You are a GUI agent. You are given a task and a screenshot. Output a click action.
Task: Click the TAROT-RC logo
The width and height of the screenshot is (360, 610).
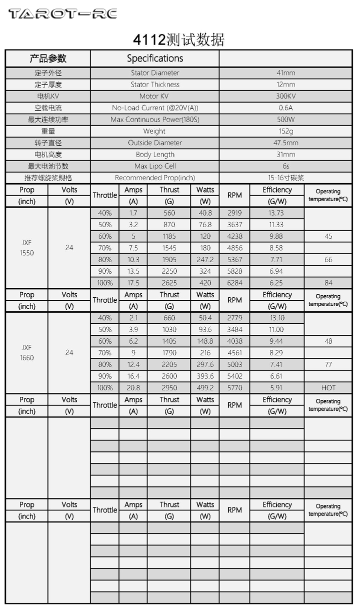(63, 14)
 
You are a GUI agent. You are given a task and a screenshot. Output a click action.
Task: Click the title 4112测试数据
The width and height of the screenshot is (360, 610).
(179, 40)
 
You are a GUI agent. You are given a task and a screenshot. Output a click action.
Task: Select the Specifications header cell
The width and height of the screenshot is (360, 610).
(155, 59)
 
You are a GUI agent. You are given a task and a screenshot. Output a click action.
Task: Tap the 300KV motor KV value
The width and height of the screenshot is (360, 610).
(286, 96)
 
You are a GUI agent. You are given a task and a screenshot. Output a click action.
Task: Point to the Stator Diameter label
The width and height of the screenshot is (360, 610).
(155, 73)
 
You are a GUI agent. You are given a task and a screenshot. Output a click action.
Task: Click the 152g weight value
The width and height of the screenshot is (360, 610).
(286, 131)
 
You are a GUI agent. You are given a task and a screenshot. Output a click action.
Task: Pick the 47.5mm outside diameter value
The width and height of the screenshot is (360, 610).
(286, 143)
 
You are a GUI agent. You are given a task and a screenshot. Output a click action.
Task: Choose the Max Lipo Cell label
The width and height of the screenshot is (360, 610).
(155, 166)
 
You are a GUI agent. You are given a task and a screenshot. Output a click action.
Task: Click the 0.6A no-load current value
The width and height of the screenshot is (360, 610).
(286, 108)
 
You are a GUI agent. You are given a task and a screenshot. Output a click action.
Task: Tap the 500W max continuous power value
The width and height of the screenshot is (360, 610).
(286, 120)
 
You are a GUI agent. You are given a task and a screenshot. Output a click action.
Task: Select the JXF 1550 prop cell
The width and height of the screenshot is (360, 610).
(27, 248)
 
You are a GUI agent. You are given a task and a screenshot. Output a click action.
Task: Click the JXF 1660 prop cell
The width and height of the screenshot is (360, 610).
(27, 353)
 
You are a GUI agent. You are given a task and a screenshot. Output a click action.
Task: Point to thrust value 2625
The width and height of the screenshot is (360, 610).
(169, 283)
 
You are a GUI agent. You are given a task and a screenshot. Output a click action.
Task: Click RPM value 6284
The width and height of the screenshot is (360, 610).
(234, 283)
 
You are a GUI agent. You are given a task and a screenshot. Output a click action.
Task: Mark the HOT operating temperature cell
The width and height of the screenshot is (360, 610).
(328, 388)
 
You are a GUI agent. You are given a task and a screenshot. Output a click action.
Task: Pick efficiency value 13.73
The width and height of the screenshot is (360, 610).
(276, 213)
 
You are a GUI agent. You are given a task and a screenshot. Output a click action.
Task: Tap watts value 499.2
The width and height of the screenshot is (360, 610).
(205, 388)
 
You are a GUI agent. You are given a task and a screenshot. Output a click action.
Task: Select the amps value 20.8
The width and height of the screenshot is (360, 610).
(133, 388)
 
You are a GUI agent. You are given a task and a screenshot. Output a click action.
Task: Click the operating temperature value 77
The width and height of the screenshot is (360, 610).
(328, 364)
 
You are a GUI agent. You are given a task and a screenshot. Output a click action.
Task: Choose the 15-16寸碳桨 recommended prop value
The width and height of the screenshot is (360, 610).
(286, 178)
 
